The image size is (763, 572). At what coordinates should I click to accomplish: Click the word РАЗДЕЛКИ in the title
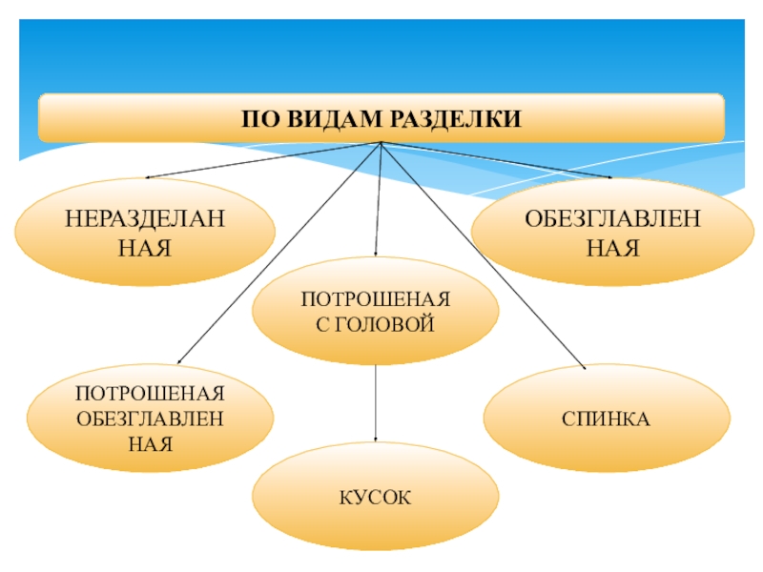465,119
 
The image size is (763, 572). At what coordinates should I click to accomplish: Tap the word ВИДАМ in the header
340,119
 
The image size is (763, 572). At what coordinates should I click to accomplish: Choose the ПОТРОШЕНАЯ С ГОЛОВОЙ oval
375,312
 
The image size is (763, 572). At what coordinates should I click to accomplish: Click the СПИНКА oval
607,418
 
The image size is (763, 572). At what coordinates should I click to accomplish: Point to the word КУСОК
375,498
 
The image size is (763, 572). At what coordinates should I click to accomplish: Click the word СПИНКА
607,419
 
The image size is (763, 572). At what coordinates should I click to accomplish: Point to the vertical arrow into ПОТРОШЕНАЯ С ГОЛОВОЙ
378,200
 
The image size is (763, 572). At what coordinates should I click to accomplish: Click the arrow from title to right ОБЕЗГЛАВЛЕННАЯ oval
496,159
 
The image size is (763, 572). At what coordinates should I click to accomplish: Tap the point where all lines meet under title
381,143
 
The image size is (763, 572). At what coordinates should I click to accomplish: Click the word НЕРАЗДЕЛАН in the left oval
145,220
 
